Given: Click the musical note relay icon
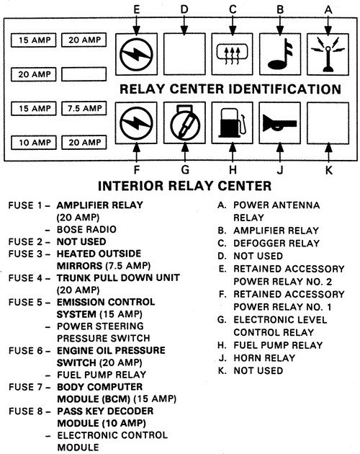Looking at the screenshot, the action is (280, 54).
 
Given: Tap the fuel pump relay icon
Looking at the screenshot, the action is (233, 123).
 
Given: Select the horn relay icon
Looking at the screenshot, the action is (280, 123).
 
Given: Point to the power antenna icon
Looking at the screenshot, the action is (328, 55).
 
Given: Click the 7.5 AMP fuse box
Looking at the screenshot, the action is (84, 108).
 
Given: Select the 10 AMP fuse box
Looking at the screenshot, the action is (34, 143).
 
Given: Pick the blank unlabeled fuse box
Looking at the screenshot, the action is (84, 74).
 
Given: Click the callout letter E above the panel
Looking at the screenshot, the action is (137, 9).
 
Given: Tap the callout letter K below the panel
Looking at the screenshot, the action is (329, 170).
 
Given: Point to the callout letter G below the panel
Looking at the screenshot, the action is (185, 169).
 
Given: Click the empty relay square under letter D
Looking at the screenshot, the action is (184, 54).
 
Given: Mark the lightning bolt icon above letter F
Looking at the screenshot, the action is (136, 123).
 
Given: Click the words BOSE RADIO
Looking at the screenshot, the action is (86, 229).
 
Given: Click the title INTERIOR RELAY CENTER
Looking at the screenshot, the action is (184, 186).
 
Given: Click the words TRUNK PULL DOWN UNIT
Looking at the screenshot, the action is (118, 278).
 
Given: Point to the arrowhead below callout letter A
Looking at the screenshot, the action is (328, 31).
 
